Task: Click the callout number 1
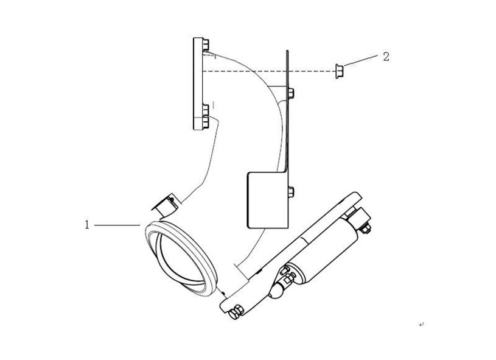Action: [x=87, y=225]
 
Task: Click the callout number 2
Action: [x=386, y=57]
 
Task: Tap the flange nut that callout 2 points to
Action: [x=340, y=71]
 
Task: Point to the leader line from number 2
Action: [x=361, y=60]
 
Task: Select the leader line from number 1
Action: [x=117, y=225]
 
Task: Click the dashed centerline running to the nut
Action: [x=269, y=71]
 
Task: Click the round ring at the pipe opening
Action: [x=180, y=258]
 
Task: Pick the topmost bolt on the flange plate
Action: [x=206, y=44]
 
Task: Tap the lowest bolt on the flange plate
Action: [x=206, y=122]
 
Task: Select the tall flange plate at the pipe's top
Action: [x=198, y=84]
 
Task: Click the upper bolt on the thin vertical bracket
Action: [x=291, y=93]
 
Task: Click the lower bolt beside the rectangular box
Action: [x=291, y=192]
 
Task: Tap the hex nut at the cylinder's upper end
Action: [x=366, y=228]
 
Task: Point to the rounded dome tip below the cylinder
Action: [x=276, y=291]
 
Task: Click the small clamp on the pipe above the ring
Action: [x=165, y=205]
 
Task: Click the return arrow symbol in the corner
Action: [x=421, y=325]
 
